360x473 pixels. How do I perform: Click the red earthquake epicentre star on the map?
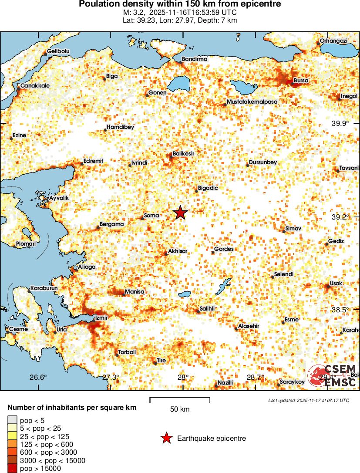[180, 213]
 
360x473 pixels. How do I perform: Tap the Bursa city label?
[301, 81]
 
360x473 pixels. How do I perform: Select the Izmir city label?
[101, 318]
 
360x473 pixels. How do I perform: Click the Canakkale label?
[35, 86]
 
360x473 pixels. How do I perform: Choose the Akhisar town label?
[177, 252]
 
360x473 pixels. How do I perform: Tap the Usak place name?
[336, 284]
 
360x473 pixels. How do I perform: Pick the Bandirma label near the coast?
[194, 59]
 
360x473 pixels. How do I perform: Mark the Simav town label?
[293, 228]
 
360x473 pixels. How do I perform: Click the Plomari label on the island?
[26, 244]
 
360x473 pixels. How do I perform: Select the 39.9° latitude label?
[340, 123]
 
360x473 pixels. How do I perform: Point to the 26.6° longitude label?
[38, 377]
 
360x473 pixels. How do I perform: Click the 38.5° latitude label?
[340, 310]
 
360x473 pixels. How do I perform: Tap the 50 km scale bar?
[180, 398]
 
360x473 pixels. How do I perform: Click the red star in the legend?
[166, 438]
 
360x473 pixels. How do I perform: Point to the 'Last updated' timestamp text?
[309, 400]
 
